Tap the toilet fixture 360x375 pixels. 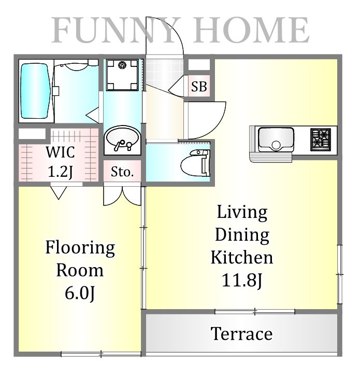[x=195, y=163]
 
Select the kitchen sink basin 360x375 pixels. [x=276, y=140]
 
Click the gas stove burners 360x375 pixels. [x=321, y=140]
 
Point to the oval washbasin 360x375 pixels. [x=122, y=138]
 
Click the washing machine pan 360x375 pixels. [x=122, y=75]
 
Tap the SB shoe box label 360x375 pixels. [x=199, y=86]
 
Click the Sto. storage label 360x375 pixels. [x=122, y=172]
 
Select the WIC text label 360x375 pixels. [x=60, y=152]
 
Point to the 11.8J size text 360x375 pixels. [x=242, y=280]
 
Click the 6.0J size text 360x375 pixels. [x=80, y=293]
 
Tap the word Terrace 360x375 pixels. [x=241, y=334]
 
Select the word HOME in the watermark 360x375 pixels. [x=251, y=30]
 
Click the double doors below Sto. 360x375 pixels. [x=122, y=196]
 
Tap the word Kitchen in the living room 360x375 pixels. [x=242, y=257]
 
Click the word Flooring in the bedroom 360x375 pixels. [x=80, y=247]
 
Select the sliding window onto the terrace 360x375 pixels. [x=255, y=311]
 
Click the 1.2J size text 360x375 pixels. [x=60, y=172]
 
